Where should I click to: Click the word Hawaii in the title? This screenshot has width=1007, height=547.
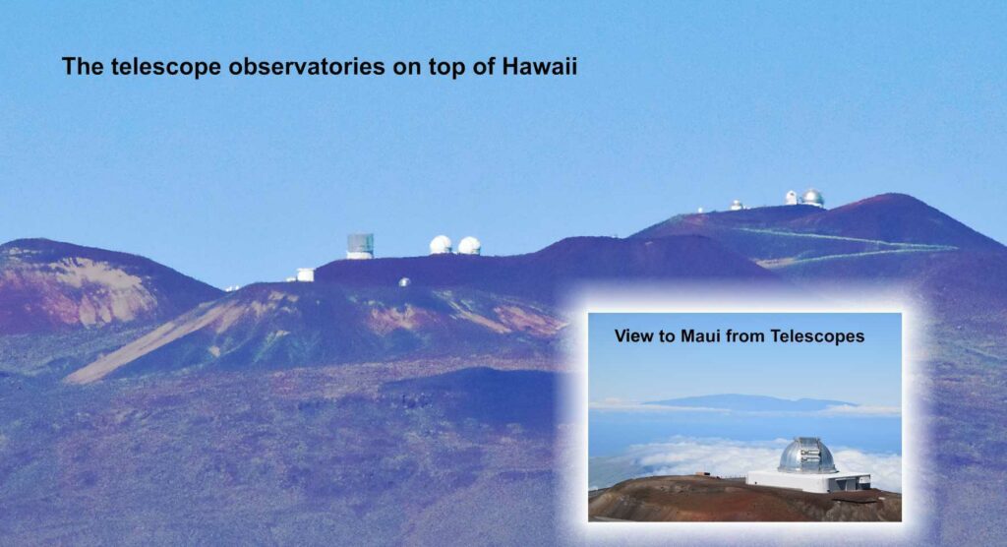click(540, 66)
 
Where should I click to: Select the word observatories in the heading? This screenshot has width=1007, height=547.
click(307, 66)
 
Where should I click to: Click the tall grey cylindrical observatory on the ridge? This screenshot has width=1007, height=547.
click(360, 246)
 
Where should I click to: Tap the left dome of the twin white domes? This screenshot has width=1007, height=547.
click(441, 245)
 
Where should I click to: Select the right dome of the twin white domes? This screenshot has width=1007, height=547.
click(469, 246)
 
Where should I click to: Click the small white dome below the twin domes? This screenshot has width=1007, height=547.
click(404, 282)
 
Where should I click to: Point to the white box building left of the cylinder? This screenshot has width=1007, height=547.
click(305, 275)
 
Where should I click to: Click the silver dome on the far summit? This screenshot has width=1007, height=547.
click(812, 198)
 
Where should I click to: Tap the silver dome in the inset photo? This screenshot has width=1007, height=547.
click(807, 456)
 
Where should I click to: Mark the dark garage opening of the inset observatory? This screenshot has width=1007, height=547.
click(849, 484)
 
